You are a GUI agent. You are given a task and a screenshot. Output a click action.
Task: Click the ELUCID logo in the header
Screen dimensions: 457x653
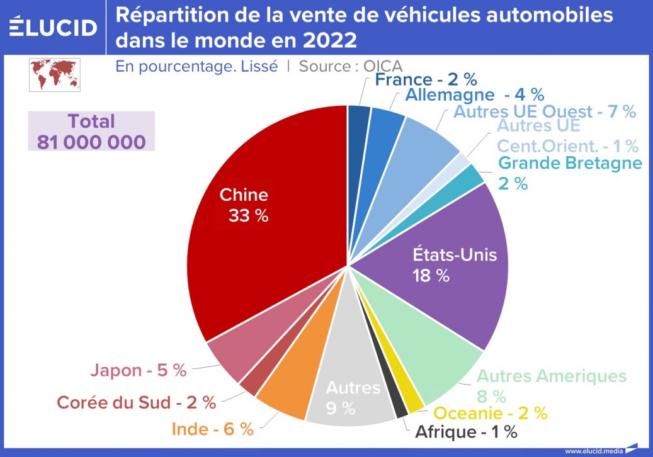pyautogui.click(x=54, y=27)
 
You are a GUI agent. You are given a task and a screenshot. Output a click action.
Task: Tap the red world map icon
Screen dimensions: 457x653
pyautogui.click(x=54, y=75)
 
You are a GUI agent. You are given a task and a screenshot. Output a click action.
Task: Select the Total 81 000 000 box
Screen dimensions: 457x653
pyautogui.click(x=91, y=132)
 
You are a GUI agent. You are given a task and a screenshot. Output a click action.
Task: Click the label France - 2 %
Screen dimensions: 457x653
pyautogui.click(x=426, y=79)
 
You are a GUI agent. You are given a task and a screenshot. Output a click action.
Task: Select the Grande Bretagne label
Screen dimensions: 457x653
pyautogui.click(x=569, y=163)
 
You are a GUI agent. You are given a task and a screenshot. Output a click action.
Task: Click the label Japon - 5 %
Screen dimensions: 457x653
pyautogui.click(x=138, y=370)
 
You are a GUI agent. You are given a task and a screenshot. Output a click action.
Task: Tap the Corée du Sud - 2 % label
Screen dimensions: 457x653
pyautogui.click(x=136, y=402)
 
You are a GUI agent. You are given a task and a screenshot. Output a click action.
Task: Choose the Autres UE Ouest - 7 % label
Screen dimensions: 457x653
pyautogui.click(x=544, y=112)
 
